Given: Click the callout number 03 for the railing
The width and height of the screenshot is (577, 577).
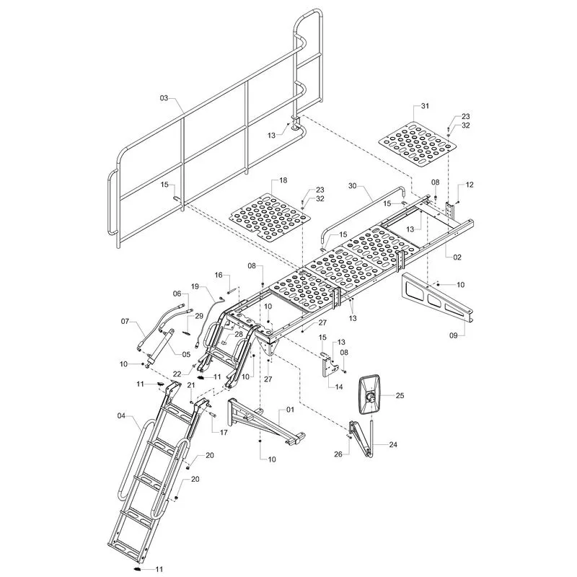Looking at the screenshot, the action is pyautogui.click(x=164, y=98).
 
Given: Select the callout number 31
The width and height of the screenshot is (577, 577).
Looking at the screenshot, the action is pyautogui.click(x=425, y=106).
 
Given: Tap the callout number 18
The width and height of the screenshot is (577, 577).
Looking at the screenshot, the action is pyautogui.click(x=283, y=180).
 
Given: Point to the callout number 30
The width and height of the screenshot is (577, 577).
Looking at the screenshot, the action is pyautogui.click(x=352, y=186).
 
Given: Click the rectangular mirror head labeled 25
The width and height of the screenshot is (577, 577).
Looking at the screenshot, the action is pyautogui.click(x=371, y=395).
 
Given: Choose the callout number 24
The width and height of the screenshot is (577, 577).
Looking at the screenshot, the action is pyautogui.click(x=393, y=444).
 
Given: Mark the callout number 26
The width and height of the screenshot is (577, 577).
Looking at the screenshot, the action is pyautogui.click(x=338, y=454).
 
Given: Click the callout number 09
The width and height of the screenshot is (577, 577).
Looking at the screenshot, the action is pyautogui.click(x=454, y=335).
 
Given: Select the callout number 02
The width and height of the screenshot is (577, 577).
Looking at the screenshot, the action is pyautogui.click(x=457, y=257).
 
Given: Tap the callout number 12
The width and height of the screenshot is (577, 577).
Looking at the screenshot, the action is pyautogui.click(x=470, y=185).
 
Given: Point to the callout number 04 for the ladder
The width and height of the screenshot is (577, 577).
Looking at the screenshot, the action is pyautogui.click(x=121, y=416).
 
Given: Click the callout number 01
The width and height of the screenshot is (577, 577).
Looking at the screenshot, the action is pyautogui.click(x=291, y=410).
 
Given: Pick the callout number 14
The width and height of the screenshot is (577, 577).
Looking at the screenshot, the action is pyautogui.click(x=339, y=387).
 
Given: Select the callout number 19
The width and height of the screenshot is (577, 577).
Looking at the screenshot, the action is pyautogui.click(x=195, y=286).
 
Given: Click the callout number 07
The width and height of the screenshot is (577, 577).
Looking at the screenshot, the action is pyautogui.click(x=125, y=321).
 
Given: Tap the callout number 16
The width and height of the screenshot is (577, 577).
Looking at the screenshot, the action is pyautogui.click(x=219, y=275).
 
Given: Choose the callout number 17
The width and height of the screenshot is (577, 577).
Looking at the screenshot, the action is pyautogui.click(x=224, y=432).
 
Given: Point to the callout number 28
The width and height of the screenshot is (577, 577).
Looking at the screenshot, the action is pyautogui.click(x=239, y=334).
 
